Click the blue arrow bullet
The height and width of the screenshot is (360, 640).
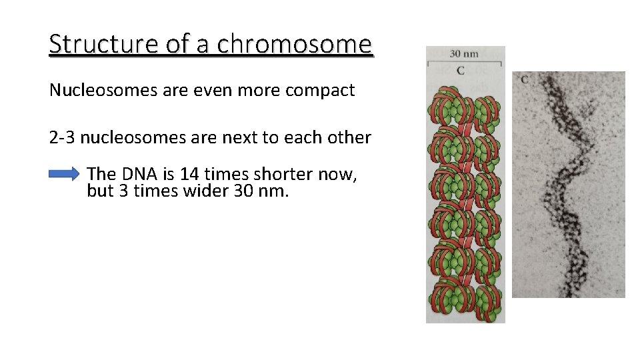[64, 175]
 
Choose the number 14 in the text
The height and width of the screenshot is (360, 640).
[189, 174]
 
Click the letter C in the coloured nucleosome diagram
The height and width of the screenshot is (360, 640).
[461, 70]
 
